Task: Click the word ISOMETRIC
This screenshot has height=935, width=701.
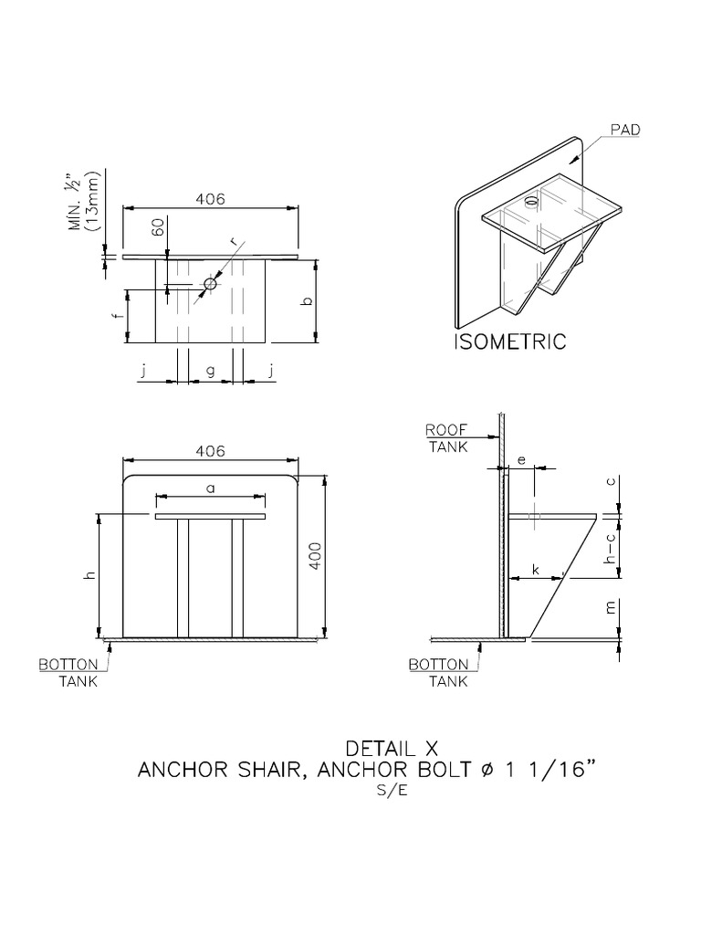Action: coord(510,342)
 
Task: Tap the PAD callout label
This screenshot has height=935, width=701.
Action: coord(625,130)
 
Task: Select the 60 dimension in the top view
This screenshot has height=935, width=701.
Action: coord(159,226)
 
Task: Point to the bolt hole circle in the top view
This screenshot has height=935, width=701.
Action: coord(210,283)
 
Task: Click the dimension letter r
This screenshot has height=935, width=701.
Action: coord(235,242)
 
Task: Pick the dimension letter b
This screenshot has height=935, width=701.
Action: coord(308,300)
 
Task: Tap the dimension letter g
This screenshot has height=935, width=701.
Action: coord(210,371)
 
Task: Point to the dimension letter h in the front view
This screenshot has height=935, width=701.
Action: coord(89,576)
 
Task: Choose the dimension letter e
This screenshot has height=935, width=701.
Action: coord(521,461)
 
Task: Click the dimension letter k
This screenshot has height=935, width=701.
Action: coord(536,570)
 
